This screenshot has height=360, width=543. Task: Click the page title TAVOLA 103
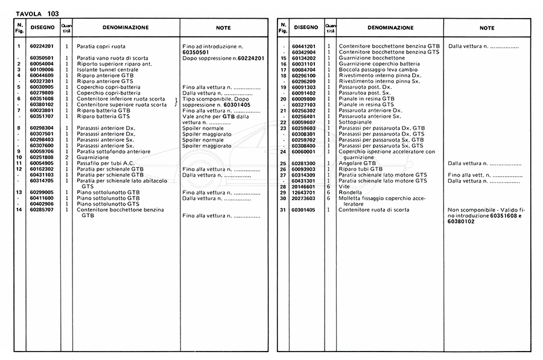37,13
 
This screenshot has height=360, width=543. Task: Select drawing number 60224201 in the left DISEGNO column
42,46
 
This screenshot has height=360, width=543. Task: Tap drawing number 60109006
42,69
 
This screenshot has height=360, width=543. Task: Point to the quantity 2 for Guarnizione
67,157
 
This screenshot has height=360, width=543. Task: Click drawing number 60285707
42,209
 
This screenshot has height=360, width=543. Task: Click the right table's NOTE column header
486,28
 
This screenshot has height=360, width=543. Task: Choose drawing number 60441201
304,46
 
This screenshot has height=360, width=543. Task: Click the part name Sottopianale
357,122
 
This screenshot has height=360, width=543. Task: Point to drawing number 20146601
304,186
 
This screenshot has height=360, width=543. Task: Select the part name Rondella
351,192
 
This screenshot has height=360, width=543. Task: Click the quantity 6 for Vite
329,186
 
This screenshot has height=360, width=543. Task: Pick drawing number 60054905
42,163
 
